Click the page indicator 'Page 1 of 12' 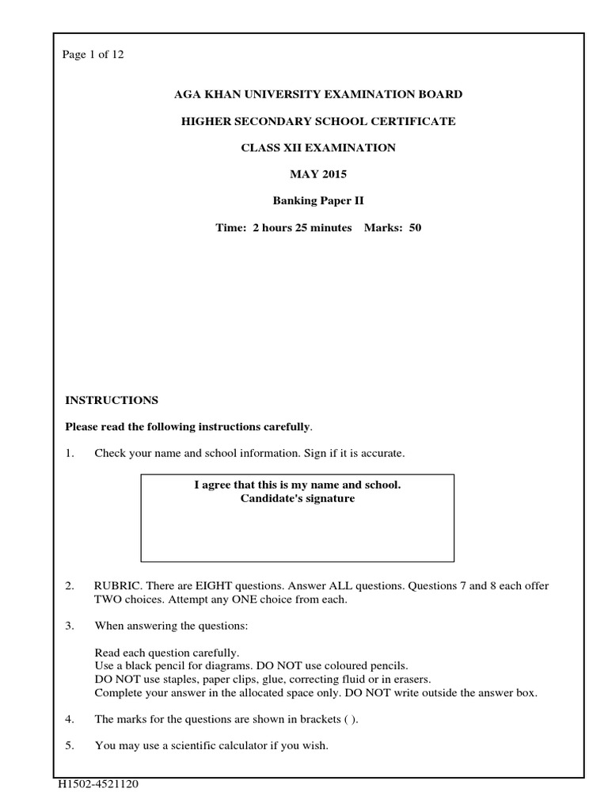tap(93, 55)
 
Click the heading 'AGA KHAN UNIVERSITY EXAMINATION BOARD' tap(318, 94)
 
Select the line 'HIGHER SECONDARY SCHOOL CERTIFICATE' tap(318, 121)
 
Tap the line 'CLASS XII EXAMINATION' tap(318, 148)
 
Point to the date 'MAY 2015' tap(318, 174)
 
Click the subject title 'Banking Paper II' tap(318, 201)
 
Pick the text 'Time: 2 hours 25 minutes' tap(283, 228)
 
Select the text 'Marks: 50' tap(393, 228)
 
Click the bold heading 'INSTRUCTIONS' tap(112, 400)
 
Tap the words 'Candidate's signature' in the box tap(298, 499)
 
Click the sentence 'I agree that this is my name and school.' tap(298, 485)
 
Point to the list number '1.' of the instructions tap(70, 453)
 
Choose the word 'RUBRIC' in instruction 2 tap(116, 586)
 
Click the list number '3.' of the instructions tap(70, 626)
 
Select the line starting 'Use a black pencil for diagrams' tap(252, 666)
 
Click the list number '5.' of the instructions tap(70, 746)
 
